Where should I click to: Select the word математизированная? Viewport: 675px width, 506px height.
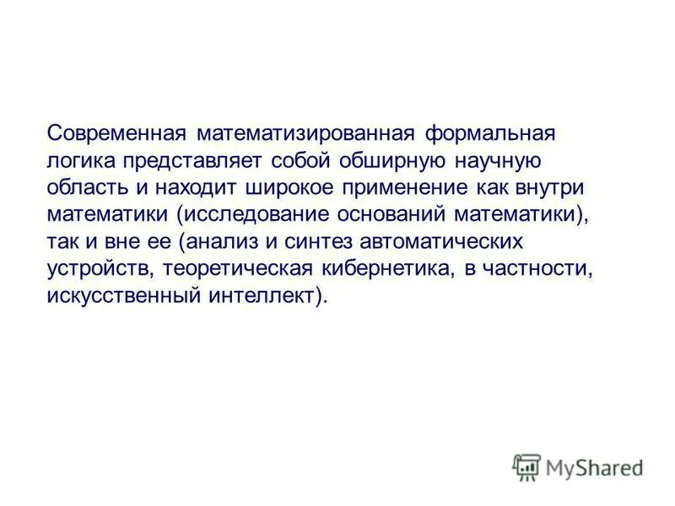[x=304, y=133]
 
